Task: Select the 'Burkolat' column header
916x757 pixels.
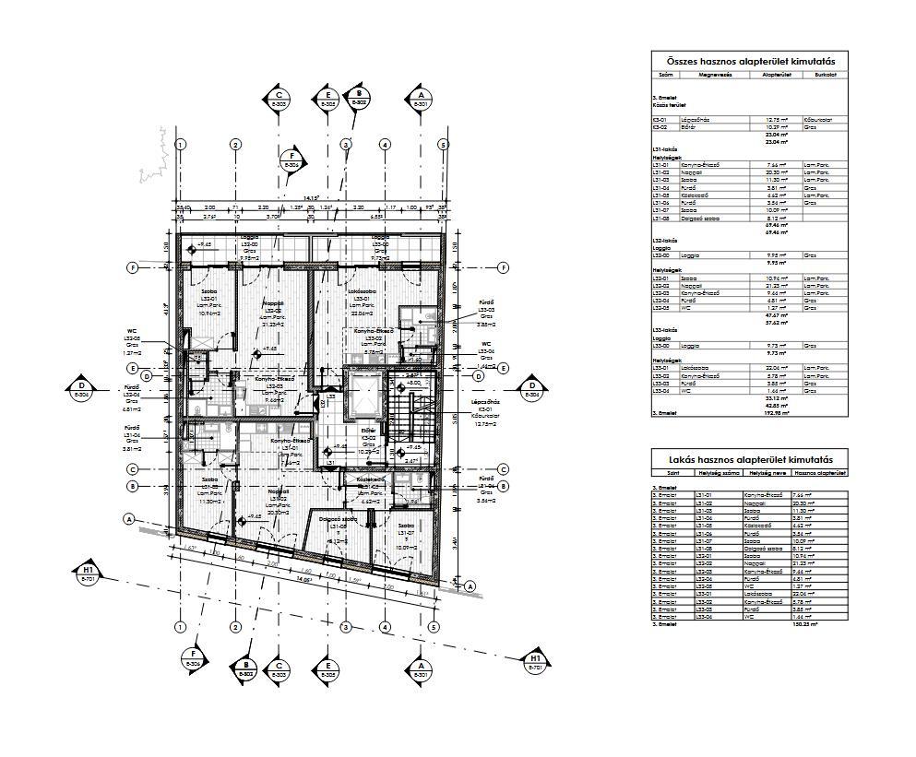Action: (825, 75)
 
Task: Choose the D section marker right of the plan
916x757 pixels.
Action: (532, 389)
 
